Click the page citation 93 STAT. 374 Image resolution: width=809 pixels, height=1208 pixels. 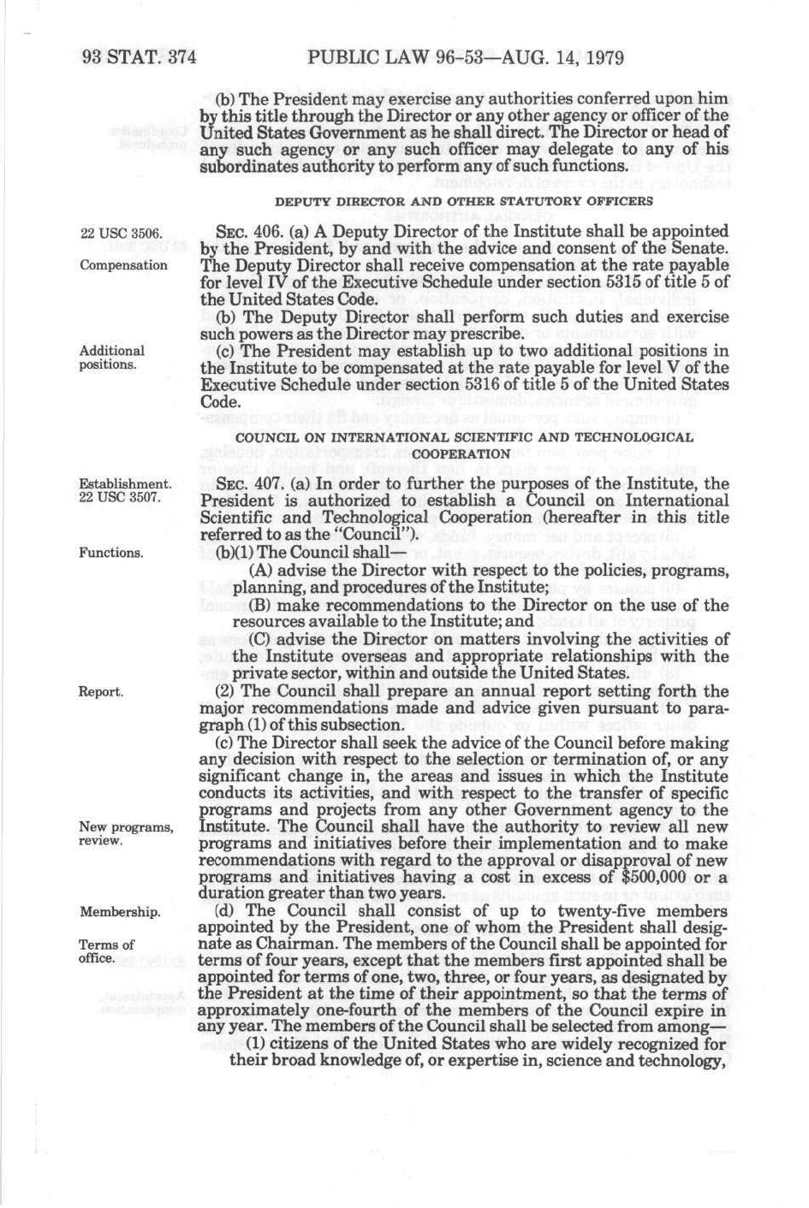click(x=140, y=58)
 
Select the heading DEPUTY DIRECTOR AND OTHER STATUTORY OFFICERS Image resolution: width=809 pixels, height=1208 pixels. click(x=463, y=202)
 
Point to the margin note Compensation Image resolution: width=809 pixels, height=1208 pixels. click(x=123, y=265)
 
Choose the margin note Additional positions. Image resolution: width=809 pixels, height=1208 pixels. click(x=111, y=358)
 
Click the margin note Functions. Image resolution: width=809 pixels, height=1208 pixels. click(x=112, y=553)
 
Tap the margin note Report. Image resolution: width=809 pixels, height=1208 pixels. click(x=101, y=691)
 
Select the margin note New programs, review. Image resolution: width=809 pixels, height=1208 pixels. click(x=125, y=833)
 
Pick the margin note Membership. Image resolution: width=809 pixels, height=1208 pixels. click(x=119, y=912)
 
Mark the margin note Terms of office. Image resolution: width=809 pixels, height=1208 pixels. click(x=106, y=951)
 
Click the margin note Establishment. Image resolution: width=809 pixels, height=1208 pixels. click(x=125, y=484)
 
